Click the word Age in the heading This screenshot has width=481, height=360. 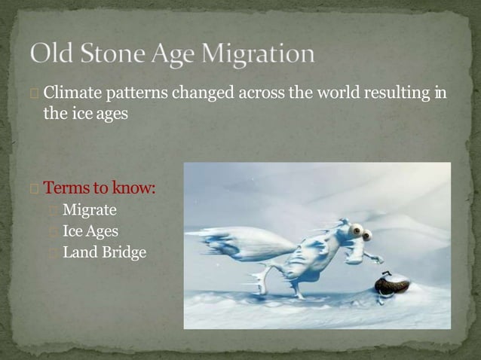pos(168,55)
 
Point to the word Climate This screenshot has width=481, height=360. pos(69,94)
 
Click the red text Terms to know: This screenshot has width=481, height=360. pos(99,188)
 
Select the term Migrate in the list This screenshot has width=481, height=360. pos(89,209)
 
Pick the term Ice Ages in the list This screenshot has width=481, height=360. pos(90,231)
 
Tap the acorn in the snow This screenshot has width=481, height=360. pos(391,285)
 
